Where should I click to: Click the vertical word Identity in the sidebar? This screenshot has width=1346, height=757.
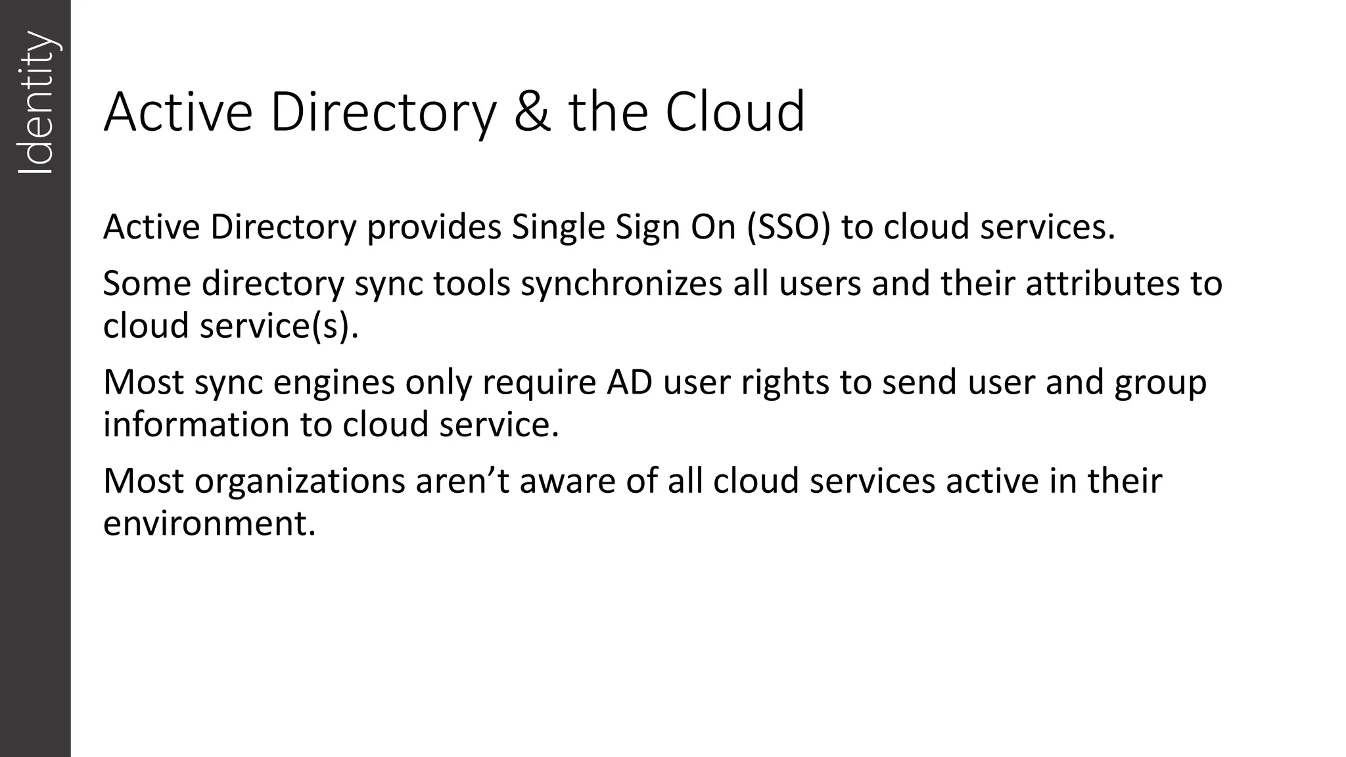pyautogui.click(x=35, y=103)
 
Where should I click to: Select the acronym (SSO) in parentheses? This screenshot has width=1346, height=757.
pyautogui.click(x=789, y=227)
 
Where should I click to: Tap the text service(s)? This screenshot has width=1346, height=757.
pyautogui.click(x=279, y=326)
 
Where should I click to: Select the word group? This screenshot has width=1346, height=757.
pyautogui.click(x=1160, y=383)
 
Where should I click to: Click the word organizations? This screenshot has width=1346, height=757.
pyautogui.click(x=300, y=482)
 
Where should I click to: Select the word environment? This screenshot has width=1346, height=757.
pyautogui.click(x=210, y=524)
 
